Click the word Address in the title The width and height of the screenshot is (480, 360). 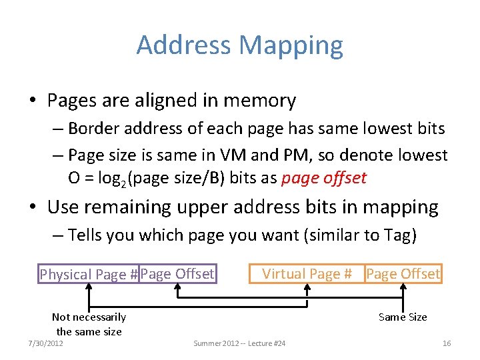point(184,45)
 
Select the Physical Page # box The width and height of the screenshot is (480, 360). point(89,274)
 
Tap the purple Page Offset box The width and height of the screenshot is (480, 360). point(177,273)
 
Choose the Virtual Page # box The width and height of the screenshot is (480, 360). point(307,273)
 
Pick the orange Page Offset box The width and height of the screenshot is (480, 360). point(403,273)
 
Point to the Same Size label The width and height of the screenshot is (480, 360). point(403,317)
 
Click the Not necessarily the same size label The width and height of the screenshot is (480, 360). point(89,324)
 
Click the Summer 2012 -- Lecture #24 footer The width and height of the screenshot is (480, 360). point(239,343)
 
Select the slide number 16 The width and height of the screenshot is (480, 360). point(447,343)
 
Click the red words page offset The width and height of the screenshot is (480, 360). point(324,178)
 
